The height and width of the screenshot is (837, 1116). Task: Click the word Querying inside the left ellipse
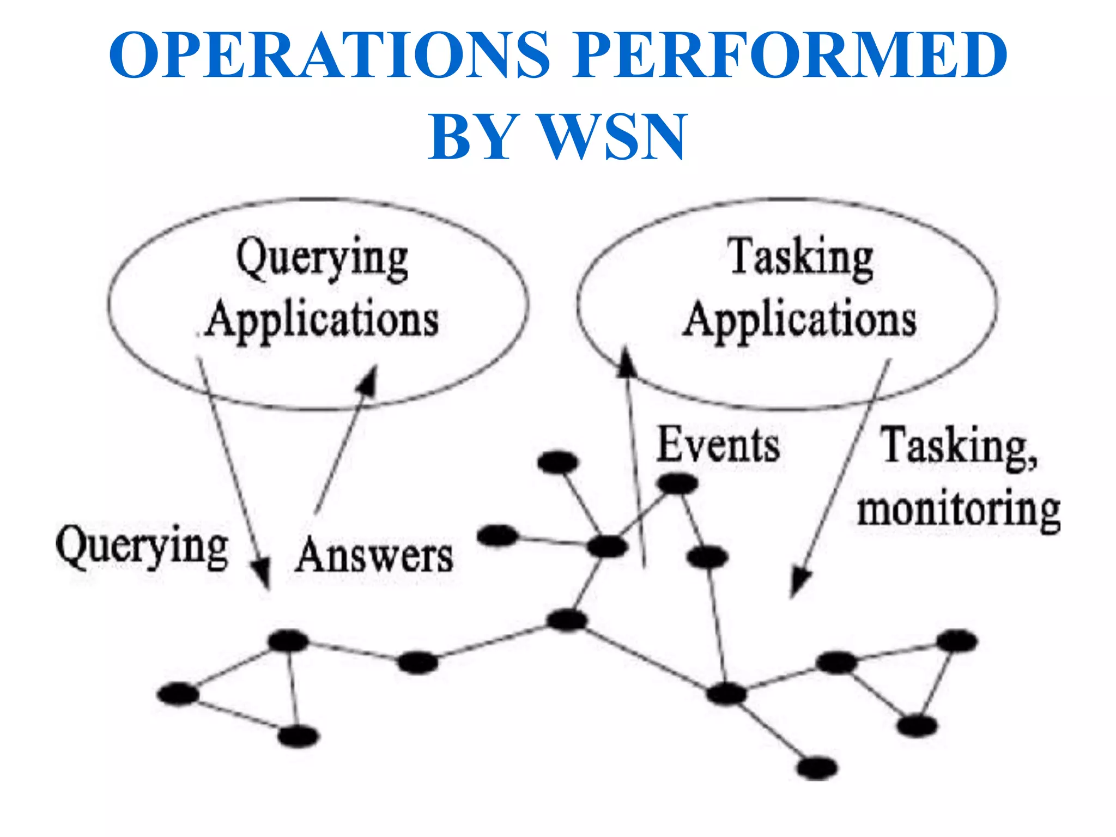click(322, 259)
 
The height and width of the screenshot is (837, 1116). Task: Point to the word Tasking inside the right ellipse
click(802, 258)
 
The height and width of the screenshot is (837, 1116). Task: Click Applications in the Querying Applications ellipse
click(322, 320)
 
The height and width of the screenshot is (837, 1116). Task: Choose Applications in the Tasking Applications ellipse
click(800, 320)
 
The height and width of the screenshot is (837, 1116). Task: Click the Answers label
click(374, 556)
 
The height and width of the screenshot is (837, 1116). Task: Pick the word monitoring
click(959, 510)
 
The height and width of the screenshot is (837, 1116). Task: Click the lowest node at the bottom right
click(816, 768)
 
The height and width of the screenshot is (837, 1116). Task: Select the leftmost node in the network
click(178, 694)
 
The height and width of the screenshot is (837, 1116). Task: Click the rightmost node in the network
click(957, 641)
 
